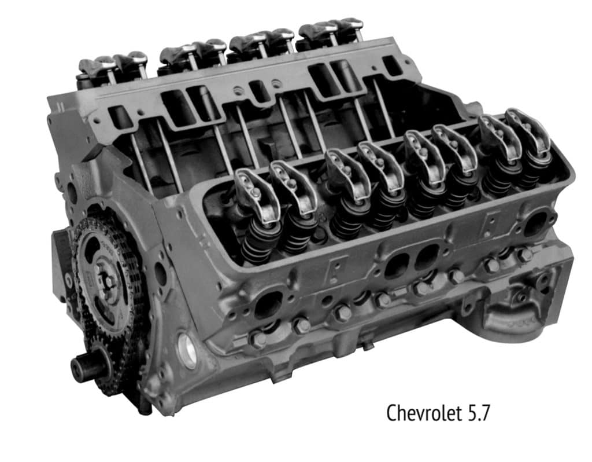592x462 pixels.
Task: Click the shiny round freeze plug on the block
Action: coord(187,350)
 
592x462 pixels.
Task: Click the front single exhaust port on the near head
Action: coord(269,305)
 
